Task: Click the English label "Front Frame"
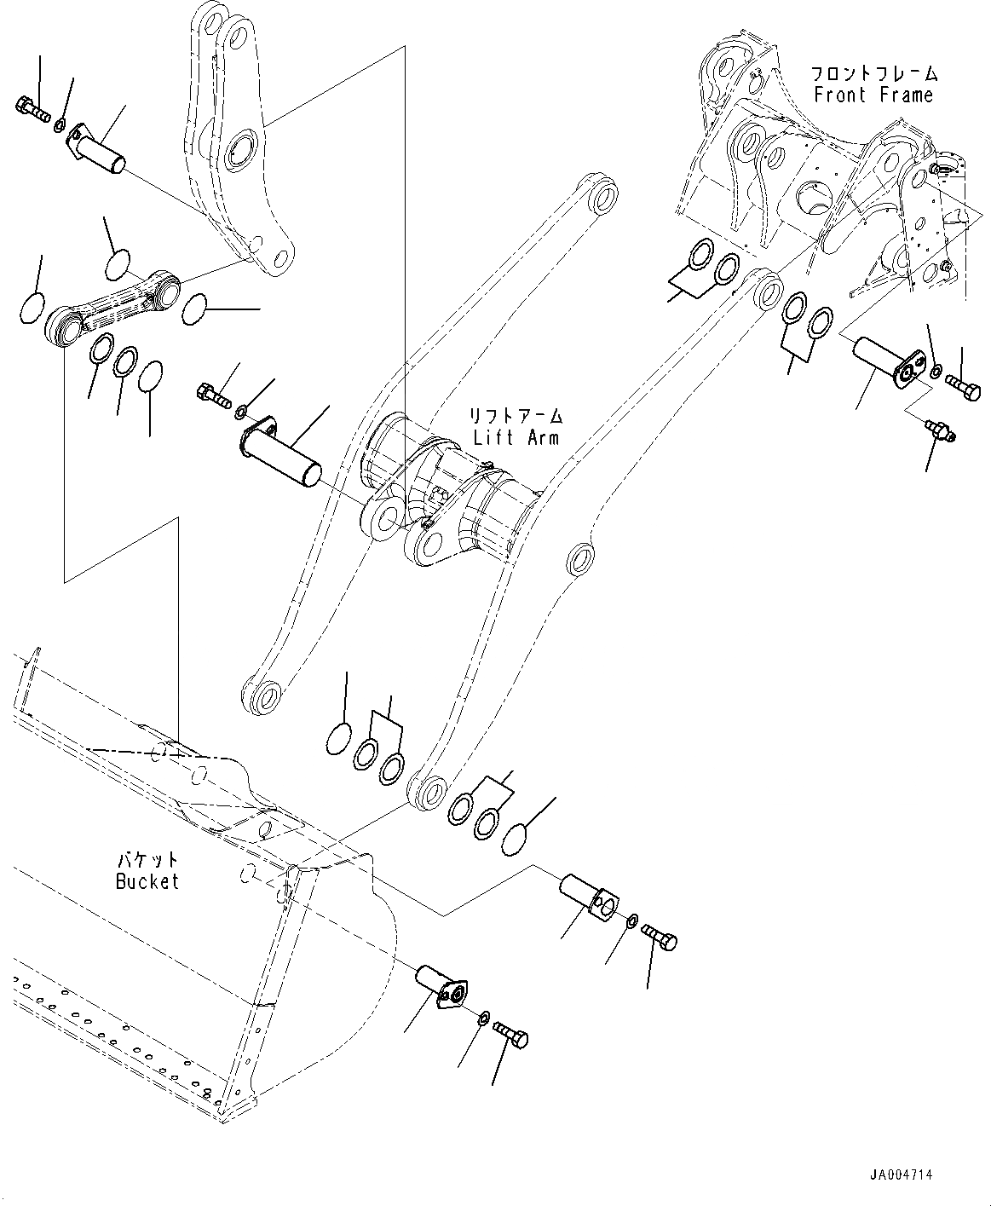pos(873,95)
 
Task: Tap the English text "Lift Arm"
pos(517,437)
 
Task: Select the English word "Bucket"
pos(147,881)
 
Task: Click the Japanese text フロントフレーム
pos(873,73)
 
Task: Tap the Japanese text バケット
pos(147,860)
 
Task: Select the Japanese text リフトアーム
pos(517,417)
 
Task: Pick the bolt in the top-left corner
pos(32,108)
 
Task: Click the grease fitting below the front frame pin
pos(940,430)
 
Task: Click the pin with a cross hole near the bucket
pos(589,899)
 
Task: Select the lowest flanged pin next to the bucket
pos(442,987)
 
